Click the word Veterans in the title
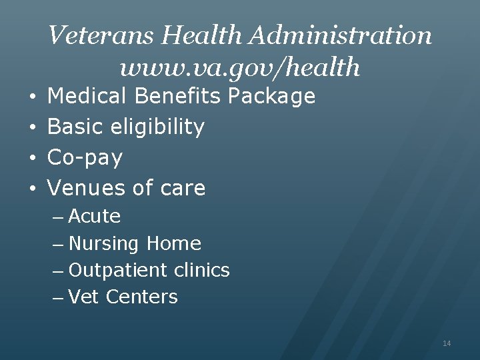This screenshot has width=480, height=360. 91,35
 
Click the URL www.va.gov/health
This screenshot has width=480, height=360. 240,67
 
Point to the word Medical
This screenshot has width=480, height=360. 88,97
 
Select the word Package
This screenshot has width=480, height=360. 271,97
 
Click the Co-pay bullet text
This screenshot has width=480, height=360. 85,158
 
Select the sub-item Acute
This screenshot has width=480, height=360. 95,217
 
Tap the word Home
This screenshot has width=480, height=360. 173,243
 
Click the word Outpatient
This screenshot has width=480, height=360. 118,271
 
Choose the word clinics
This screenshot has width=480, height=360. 201,270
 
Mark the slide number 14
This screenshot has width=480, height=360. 447,343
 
